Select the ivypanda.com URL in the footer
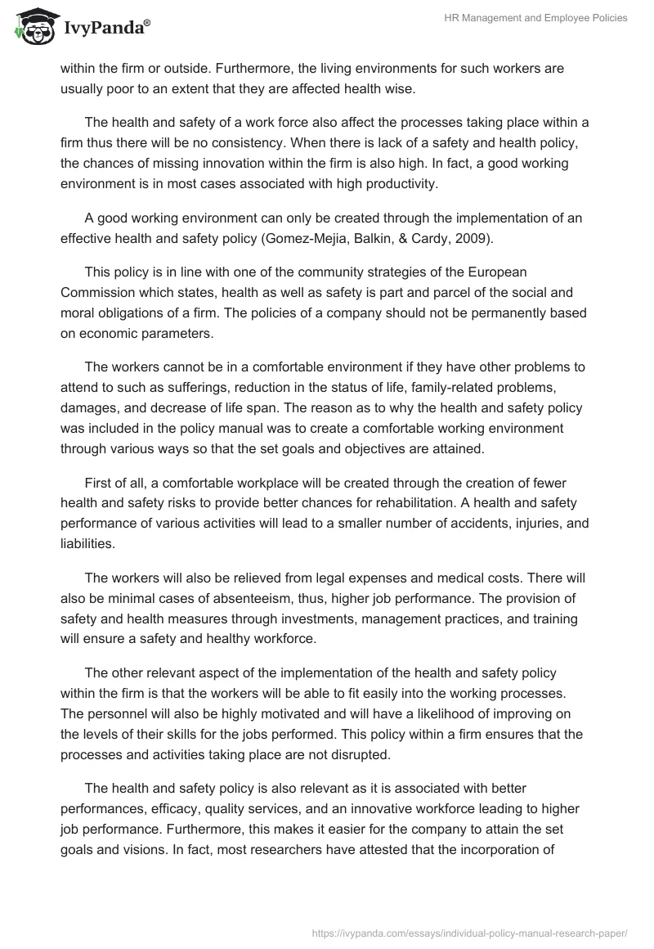pyautogui.click(x=469, y=932)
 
